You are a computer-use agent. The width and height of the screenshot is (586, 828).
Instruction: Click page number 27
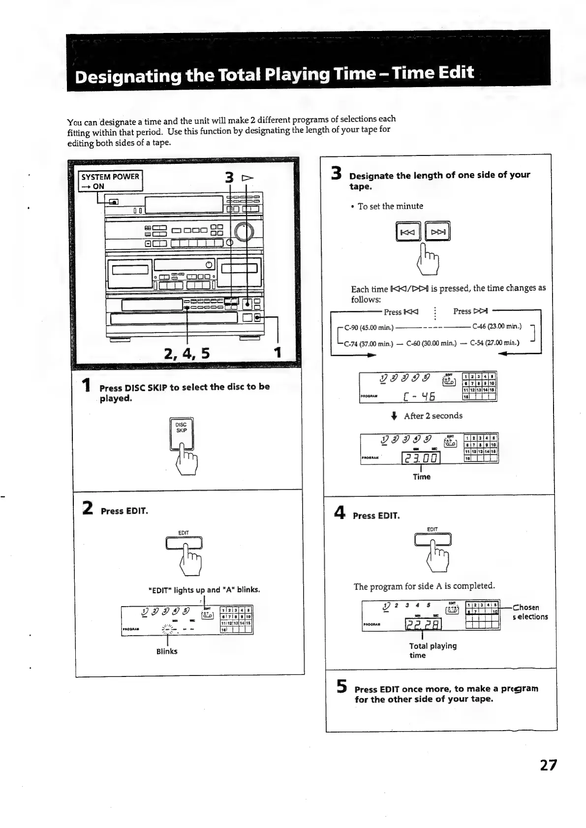click(x=548, y=766)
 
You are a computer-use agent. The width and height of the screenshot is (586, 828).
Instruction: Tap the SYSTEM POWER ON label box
click(x=110, y=181)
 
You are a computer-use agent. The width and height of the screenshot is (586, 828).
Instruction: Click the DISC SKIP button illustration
click(x=182, y=433)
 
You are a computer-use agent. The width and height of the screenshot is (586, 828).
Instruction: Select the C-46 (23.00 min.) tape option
click(x=496, y=327)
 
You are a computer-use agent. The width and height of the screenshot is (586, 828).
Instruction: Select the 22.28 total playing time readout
click(x=423, y=624)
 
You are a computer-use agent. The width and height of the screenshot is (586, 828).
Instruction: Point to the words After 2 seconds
click(x=433, y=416)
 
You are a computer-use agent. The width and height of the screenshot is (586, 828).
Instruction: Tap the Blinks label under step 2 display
click(x=167, y=651)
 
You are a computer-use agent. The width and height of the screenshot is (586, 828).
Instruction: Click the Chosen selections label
click(x=529, y=612)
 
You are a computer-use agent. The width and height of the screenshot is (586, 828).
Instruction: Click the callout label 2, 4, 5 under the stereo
click(x=186, y=353)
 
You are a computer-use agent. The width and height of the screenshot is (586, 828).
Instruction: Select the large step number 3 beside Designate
click(x=337, y=174)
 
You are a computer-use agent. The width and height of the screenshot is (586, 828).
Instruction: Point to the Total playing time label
click(x=432, y=650)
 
